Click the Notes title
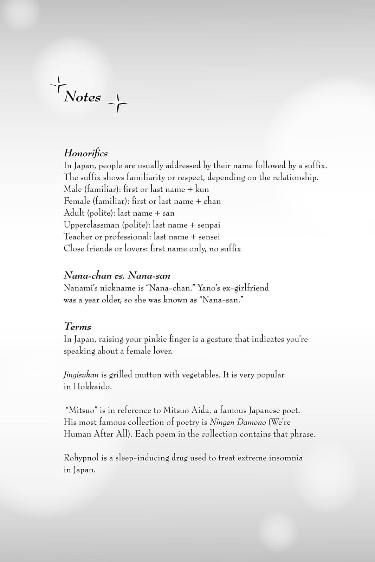point(82,97)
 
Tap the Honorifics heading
point(85,153)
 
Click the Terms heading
point(77,327)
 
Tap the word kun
point(202,189)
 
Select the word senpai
point(209,225)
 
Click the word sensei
point(209,237)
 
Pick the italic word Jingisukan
point(81,375)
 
